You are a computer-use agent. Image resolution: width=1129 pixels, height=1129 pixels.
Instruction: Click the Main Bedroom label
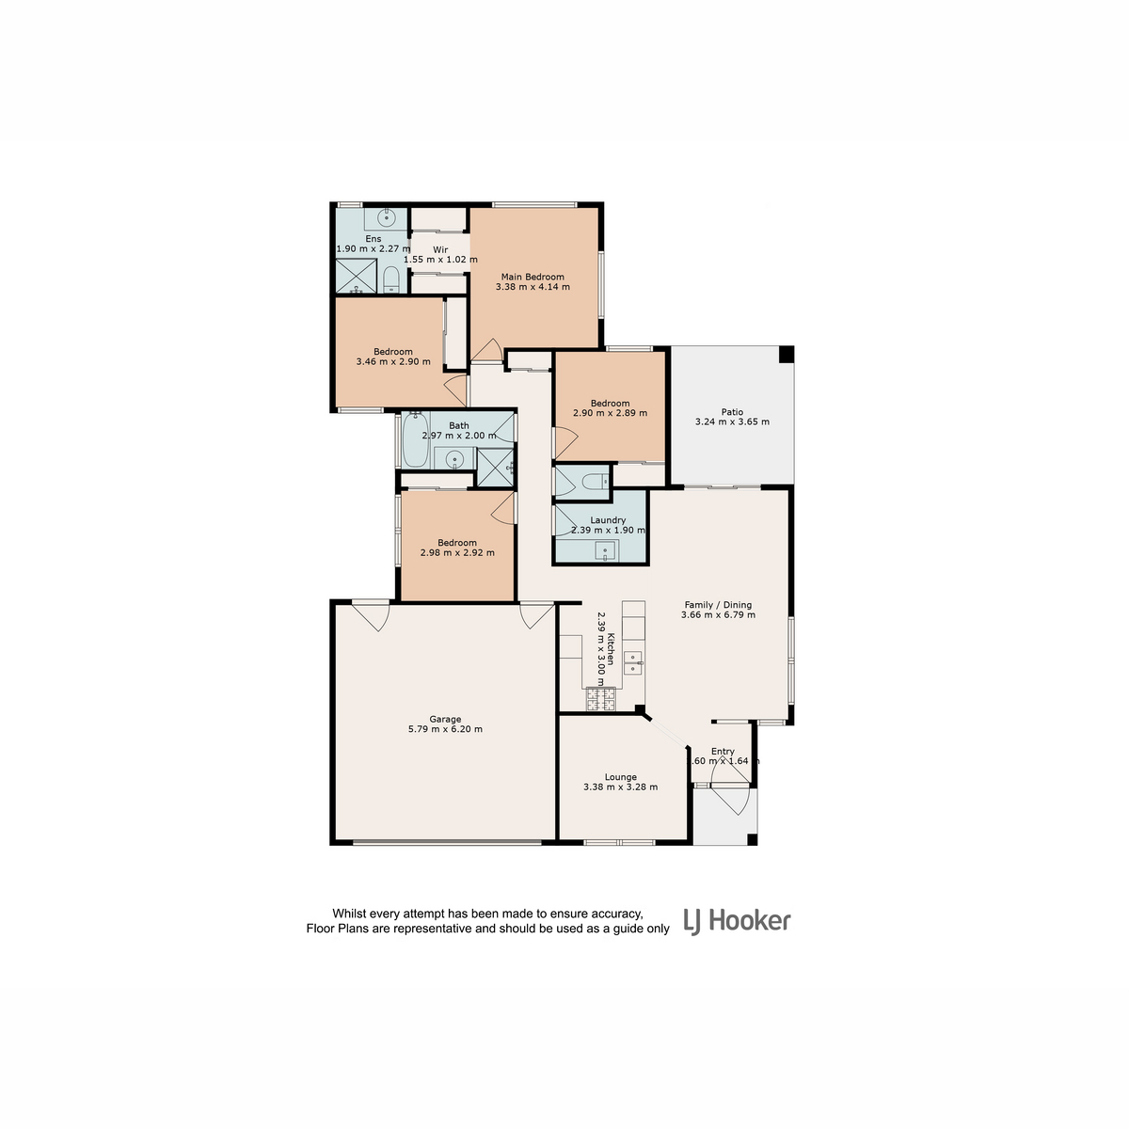[x=532, y=277]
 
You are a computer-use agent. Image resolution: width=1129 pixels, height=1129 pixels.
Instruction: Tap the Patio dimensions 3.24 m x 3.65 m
[x=732, y=421]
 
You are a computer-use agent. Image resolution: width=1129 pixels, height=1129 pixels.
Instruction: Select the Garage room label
[x=445, y=719]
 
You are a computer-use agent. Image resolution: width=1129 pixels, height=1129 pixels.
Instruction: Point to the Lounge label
[x=620, y=777]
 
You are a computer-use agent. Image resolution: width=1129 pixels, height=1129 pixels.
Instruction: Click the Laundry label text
[x=608, y=519]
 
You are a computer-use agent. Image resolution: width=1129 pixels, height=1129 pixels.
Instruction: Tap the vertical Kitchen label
[x=611, y=648]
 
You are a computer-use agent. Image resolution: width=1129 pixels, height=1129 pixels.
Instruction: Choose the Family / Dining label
[x=718, y=605]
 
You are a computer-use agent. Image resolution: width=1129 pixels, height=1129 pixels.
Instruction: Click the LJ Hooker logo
[x=737, y=921]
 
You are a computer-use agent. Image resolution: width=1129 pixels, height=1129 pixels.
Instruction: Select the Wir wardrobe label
[x=440, y=249]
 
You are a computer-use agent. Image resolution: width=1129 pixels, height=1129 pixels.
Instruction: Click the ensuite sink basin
[x=386, y=218]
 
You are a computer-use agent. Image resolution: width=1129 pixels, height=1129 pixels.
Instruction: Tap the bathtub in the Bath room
[x=416, y=439]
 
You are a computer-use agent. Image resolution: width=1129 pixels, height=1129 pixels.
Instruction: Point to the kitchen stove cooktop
[x=601, y=699]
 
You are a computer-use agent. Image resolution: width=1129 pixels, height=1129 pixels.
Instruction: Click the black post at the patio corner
[x=786, y=354]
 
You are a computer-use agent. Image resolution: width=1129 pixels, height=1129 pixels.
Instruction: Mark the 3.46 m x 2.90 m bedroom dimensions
[x=393, y=361]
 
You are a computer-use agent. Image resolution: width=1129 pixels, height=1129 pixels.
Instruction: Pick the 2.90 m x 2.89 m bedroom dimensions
[x=610, y=412]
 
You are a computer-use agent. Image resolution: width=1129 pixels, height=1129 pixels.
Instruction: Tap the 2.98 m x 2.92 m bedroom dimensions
[x=457, y=552]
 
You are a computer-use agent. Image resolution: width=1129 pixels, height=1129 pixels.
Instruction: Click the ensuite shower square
[x=356, y=276]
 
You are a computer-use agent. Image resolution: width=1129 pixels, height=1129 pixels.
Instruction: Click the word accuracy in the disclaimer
[x=617, y=914]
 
